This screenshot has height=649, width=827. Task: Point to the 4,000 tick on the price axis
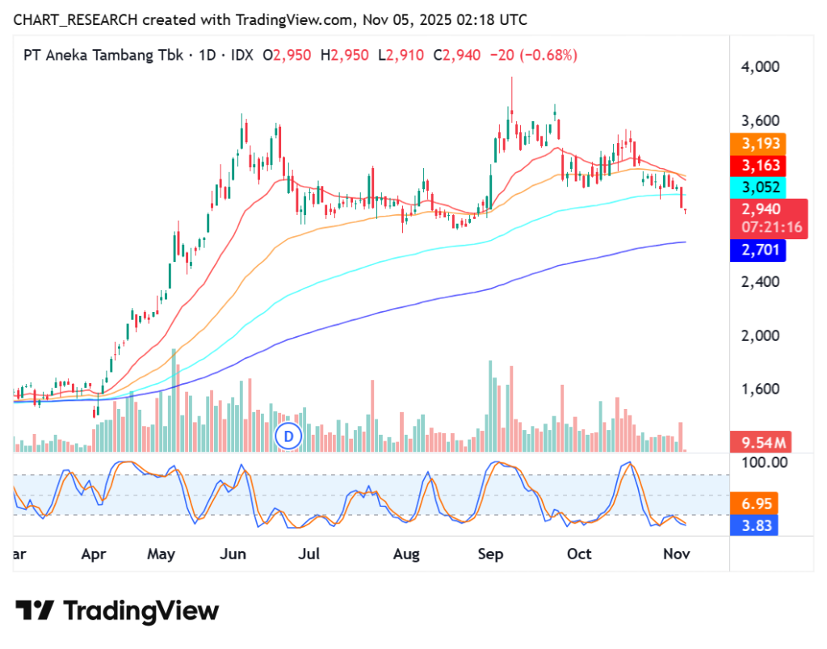[760, 66]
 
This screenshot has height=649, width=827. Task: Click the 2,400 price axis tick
[760, 282]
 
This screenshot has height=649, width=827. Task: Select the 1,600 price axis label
[760, 389]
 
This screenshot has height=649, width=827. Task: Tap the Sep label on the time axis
[490, 554]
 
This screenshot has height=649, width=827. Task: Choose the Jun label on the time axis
[233, 554]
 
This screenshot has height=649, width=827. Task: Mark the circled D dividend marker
[288, 436]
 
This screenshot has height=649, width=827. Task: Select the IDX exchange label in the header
[241, 55]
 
